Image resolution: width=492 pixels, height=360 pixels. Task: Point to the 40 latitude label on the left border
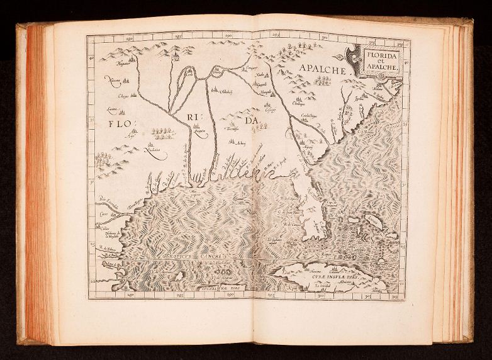(x=92, y=59)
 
